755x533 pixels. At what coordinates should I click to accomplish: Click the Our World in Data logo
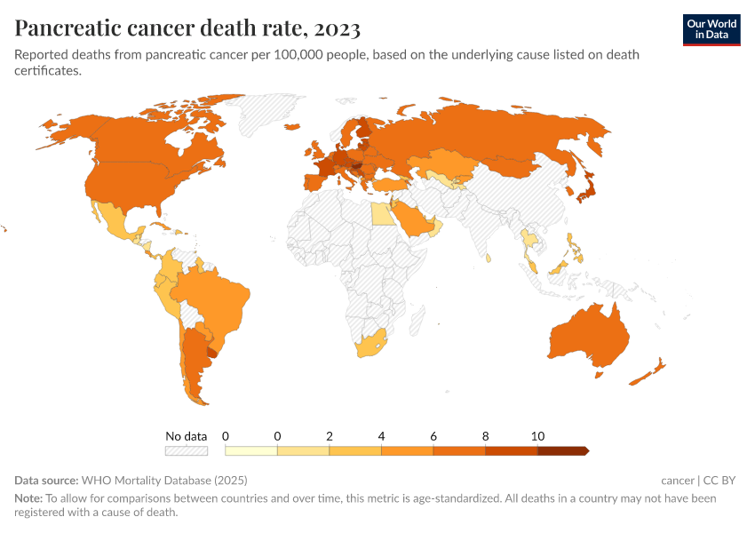point(711,29)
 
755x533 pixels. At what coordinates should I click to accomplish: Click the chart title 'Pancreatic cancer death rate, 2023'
point(187,28)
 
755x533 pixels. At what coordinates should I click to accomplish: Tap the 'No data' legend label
point(186,436)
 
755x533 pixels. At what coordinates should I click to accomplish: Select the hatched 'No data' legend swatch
point(186,451)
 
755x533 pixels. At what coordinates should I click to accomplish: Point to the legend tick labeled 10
point(537,436)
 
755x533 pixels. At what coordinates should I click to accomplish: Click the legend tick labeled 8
point(486,436)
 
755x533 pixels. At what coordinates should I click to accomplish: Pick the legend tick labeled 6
point(433,436)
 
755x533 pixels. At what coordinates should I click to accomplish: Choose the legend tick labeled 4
point(382,436)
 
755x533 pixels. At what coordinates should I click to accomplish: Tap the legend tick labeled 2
point(330,436)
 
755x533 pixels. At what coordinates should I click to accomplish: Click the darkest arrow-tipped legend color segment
point(562,451)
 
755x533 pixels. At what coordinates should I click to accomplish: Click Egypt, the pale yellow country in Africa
point(379,213)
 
